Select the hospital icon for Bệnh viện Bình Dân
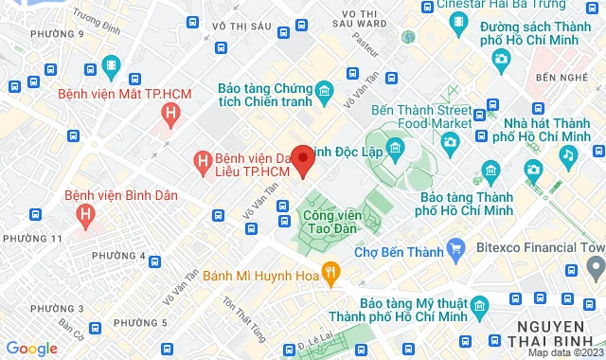point(86,215)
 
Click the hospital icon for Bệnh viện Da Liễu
point(202,162)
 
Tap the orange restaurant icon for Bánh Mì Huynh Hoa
point(330,273)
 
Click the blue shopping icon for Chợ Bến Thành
point(455,252)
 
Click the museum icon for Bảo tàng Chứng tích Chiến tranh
point(324,92)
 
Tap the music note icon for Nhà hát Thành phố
point(567,153)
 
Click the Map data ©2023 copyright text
point(565,352)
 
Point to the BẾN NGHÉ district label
point(557,76)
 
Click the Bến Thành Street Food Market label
point(421,116)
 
